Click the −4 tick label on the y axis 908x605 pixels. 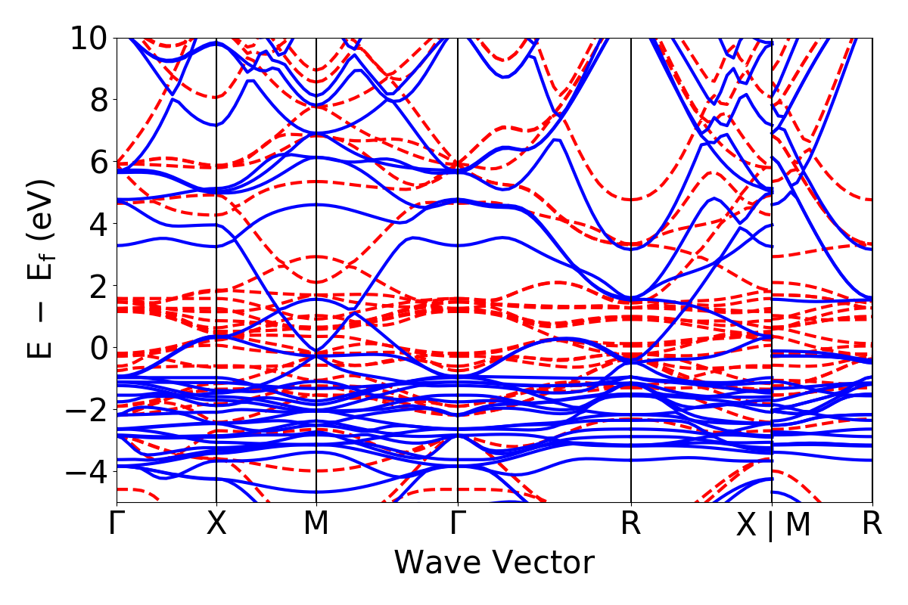tap(82, 471)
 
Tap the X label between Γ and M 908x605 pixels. tap(216, 524)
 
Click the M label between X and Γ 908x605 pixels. tap(316, 524)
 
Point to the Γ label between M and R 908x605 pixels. tap(458, 524)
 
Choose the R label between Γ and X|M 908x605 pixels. tap(631, 524)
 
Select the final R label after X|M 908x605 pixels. tap(872, 524)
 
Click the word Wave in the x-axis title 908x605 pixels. tap(439, 563)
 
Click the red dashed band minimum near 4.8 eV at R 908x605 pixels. tap(631, 200)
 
